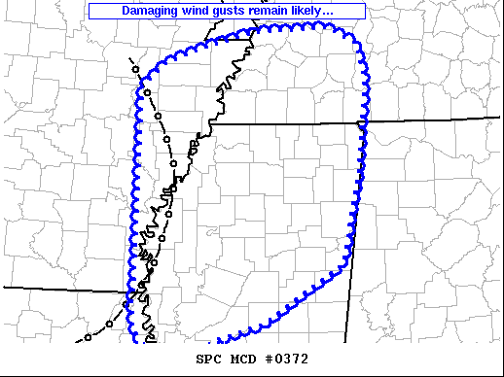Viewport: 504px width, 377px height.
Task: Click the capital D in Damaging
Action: [x=126, y=11]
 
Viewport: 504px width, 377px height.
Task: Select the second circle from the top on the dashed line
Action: [x=147, y=92]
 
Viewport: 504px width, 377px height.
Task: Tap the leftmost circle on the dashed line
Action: [x=88, y=337]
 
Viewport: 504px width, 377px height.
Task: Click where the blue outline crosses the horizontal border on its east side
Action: [x=364, y=123]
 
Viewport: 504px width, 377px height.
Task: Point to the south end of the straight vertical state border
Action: [x=346, y=342]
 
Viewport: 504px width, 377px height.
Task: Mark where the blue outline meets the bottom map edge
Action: [x=133, y=341]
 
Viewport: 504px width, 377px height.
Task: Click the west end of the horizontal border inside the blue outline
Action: [x=211, y=124]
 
